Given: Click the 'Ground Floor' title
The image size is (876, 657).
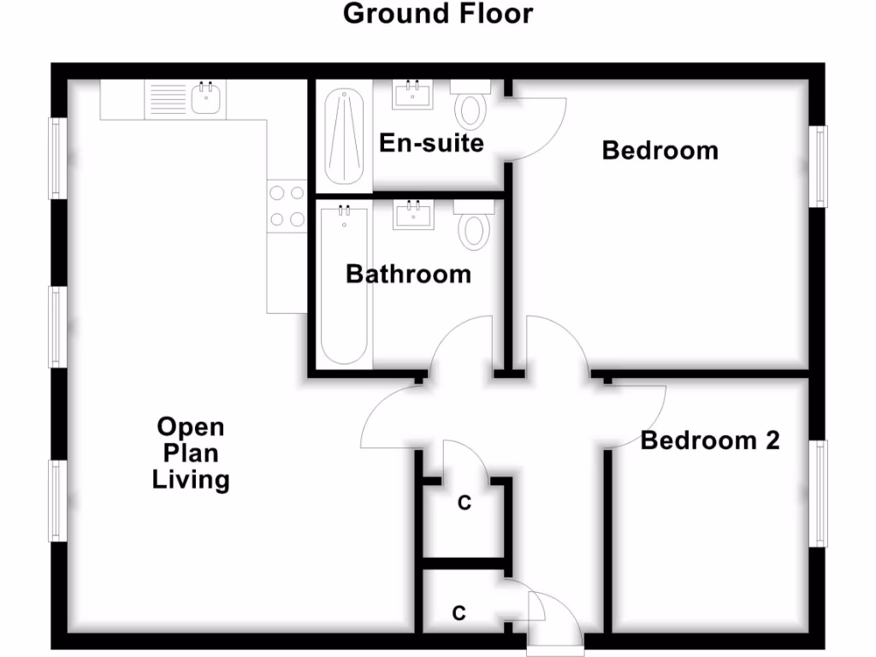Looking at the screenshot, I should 438,14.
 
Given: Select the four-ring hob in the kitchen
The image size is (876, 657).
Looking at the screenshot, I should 287,206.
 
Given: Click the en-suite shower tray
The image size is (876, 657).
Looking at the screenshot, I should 345,137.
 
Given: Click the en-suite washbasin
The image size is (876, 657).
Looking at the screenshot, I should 414,94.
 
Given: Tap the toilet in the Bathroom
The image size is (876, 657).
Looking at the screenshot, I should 473,226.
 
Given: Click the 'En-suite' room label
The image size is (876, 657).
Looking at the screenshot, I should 432,142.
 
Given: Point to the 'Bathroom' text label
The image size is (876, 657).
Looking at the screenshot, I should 408,275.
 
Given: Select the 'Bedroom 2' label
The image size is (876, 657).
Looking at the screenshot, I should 710,441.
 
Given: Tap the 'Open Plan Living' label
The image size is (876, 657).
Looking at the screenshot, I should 191,453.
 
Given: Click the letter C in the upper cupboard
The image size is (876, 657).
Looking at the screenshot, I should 464,504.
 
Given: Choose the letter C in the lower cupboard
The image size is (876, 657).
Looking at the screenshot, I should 459,613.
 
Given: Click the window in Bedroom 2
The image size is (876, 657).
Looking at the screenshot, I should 820,494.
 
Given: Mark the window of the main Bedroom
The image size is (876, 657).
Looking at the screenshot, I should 820,166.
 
